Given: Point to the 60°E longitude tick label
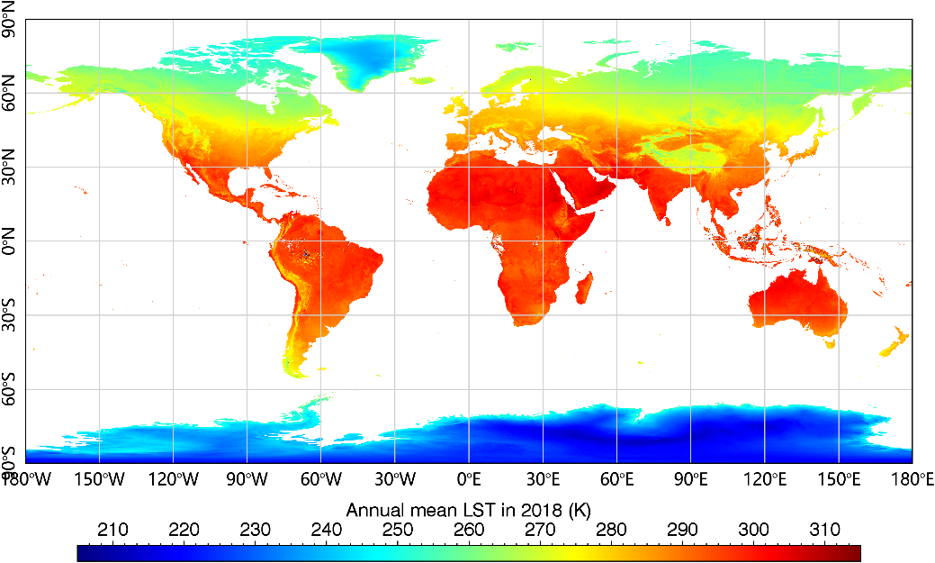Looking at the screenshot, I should coord(616,479).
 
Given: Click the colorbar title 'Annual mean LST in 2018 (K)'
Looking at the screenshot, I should coord(468,509).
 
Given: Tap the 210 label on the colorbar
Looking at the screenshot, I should coord(113,530).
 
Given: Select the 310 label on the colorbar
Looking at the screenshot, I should coord(824,530).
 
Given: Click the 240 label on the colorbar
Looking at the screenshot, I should coord(327,530).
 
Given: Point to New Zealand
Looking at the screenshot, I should coord(895,346).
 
